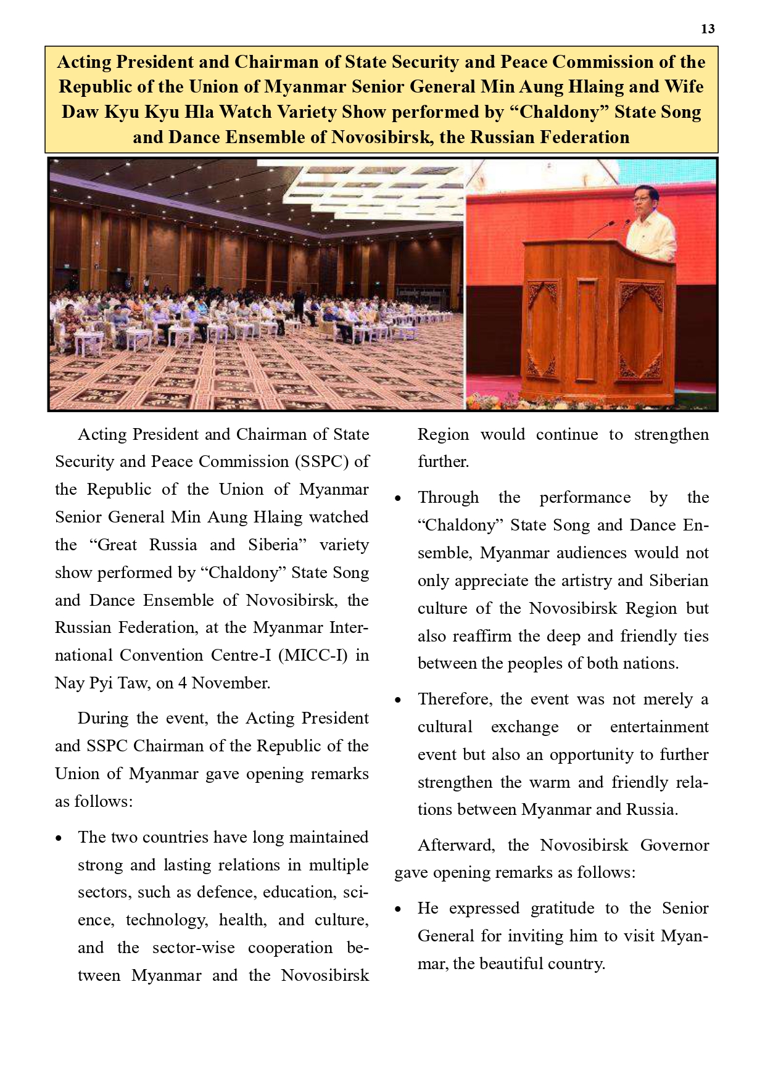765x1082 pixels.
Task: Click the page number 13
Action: click(x=708, y=29)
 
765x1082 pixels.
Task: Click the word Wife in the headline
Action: click(x=683, y=87)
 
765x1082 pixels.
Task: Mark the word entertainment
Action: click(x=659, y=727)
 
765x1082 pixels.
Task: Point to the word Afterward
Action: click(x=456, y=845)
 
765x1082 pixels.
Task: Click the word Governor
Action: click(x=674, y=845)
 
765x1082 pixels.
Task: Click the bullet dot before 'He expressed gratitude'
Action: click(x=399, y=910)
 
